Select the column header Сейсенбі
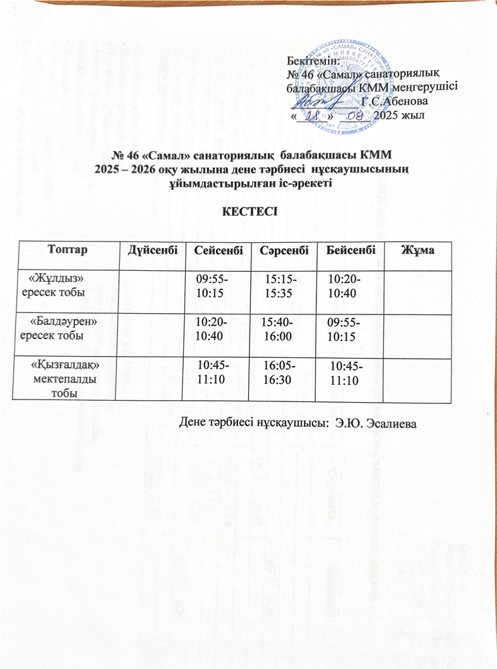219,250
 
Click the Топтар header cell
68,250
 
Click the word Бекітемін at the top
314,61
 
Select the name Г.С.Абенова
391,101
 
